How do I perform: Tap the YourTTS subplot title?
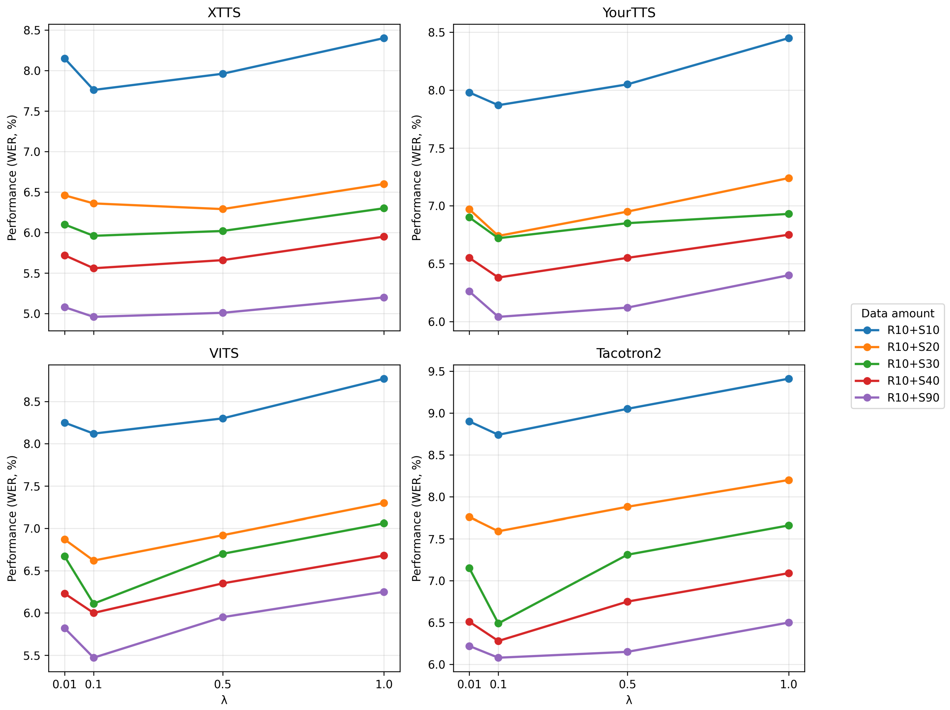629,13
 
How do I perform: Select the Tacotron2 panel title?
629,353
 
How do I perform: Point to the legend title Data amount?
898,313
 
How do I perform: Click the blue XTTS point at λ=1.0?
384,38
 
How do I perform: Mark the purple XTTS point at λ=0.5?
223,313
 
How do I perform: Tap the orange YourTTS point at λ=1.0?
789,178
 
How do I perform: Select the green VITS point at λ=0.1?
94,604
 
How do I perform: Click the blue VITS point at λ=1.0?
384,379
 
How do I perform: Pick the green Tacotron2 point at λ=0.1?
498,623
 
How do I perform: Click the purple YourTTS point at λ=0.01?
469,291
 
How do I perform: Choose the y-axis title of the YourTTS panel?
416,178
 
